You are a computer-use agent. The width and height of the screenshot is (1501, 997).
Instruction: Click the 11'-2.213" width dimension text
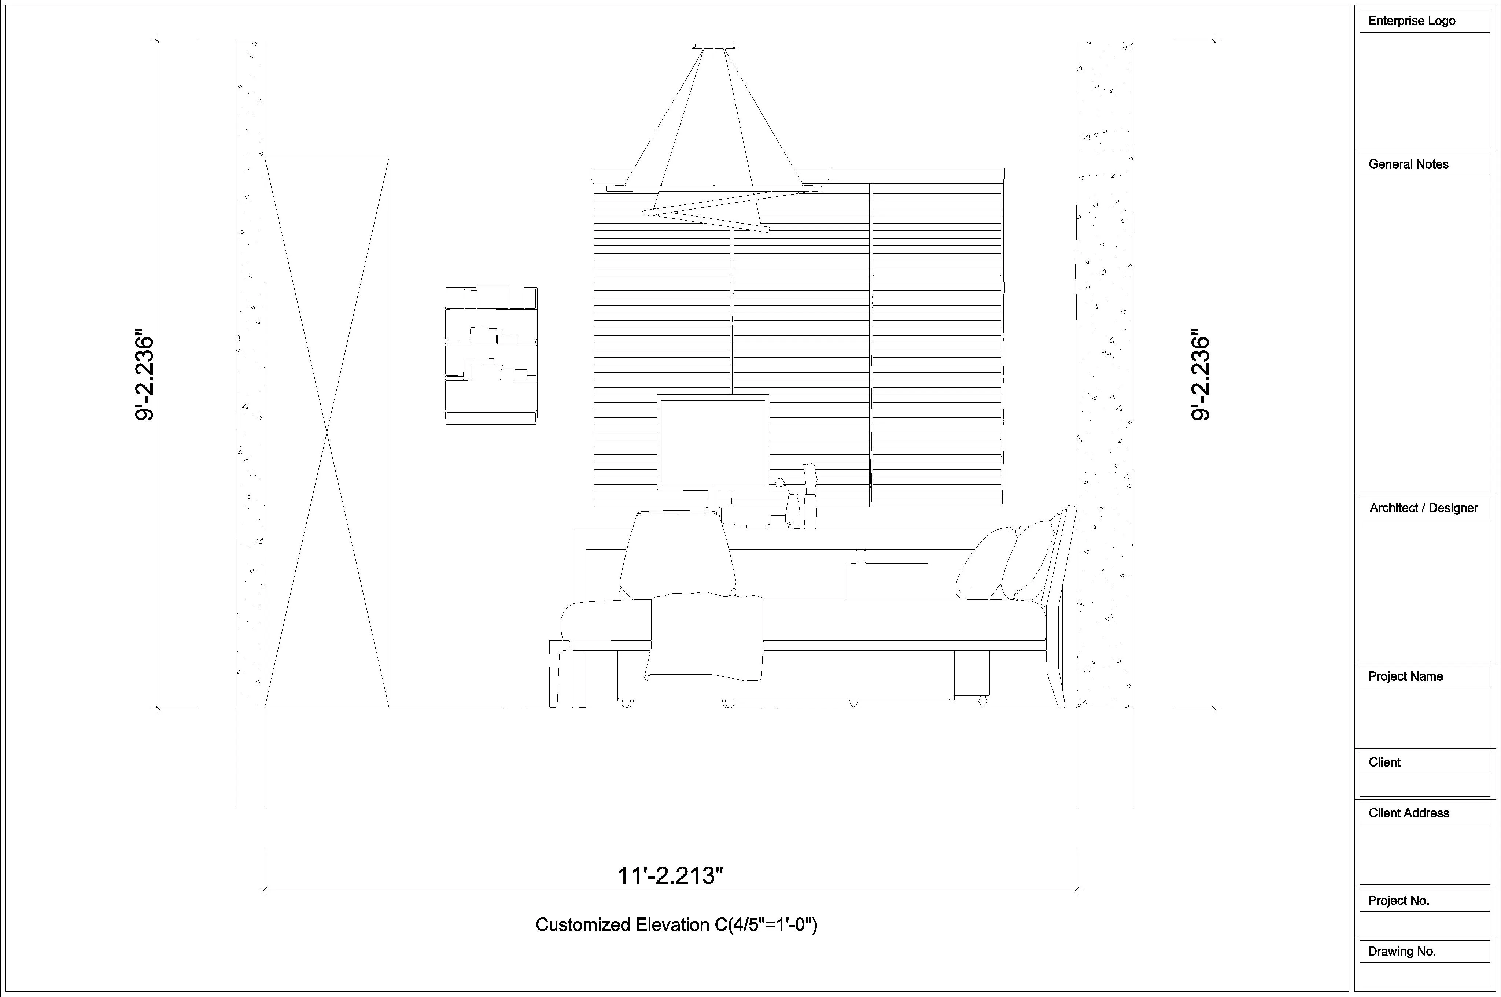tap(671, 876)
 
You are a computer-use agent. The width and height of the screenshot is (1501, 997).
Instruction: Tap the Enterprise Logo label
tap(1411, 21)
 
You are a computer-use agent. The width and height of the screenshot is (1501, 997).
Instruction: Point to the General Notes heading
tap(1408, 164)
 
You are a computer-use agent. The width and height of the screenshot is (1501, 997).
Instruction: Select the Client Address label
tap(1409, 813)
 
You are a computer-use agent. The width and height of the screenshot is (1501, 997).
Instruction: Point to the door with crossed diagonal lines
tap(327, 432)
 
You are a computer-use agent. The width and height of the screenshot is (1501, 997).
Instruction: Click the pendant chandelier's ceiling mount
tap(716, 44)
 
